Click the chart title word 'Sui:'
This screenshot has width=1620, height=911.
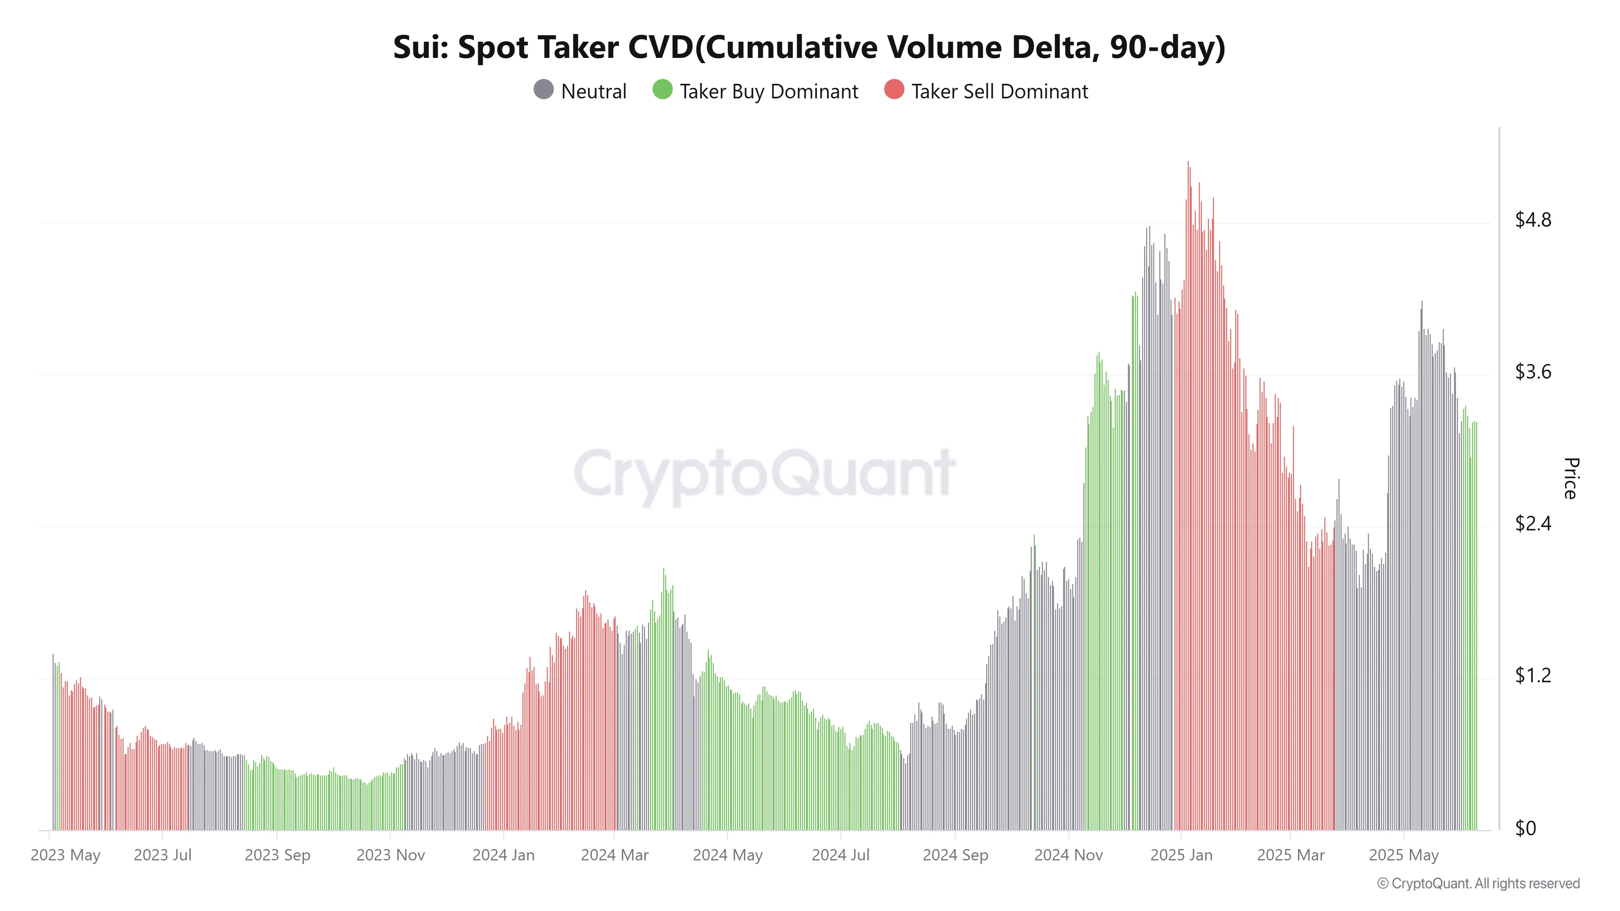(x=420, y=48)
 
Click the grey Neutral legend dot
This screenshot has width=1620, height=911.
(x=544, y=90)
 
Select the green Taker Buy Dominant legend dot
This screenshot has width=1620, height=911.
(x=662, y=90)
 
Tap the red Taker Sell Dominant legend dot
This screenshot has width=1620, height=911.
(x=894, y=90)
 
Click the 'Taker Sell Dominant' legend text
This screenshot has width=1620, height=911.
(x=999, y=92)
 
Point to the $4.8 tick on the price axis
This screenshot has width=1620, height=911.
(x=1533, y=220)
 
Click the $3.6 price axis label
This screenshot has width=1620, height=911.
(x=1533, y=372)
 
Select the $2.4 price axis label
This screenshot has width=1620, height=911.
(x=1533, y=524)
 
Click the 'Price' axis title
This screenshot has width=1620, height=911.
(x=1570, y=479)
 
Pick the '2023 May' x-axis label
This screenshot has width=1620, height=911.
(x=65, y=856)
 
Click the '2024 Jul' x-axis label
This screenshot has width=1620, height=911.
(x=840, y=856)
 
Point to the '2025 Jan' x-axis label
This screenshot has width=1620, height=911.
(x=1181, y=856)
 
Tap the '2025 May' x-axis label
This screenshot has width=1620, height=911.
(x=1404, y=856)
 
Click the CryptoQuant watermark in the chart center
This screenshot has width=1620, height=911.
(x=764, y=475)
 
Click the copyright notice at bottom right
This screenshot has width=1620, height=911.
(x=1478, y=884)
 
